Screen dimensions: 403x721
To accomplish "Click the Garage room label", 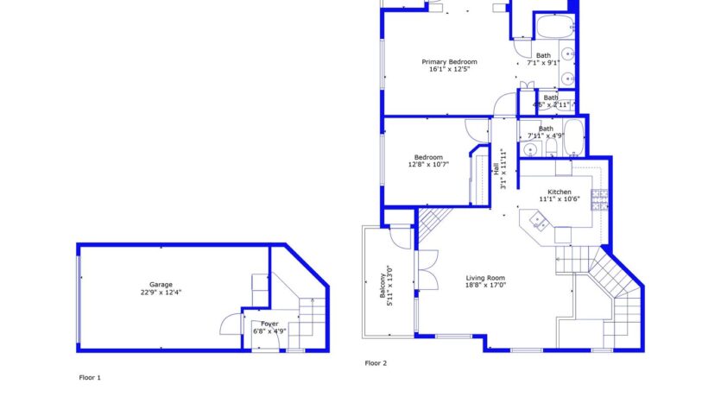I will tap(161, 284).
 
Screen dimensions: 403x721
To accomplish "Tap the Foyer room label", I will tap(269, 324).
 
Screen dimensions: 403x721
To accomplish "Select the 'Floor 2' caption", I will tap(376, 363).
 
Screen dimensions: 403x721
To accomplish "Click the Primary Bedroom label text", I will tap(449, 62).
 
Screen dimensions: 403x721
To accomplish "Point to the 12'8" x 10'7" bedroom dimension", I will tap(428, 164).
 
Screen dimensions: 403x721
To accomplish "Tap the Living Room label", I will tap(485, 277).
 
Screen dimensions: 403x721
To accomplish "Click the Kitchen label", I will tap(559, 192).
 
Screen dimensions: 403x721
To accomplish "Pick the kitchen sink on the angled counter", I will tap(540, 221).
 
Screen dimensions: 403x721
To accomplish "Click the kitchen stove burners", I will tap(598, 200).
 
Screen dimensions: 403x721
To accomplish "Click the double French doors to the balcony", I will tap(425, 268).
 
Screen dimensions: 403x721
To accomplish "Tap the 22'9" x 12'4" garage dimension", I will tap(161, 292).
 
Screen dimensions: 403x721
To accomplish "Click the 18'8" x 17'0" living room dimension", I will tap(485, 285).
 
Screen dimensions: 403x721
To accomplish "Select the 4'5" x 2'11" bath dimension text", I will tap(550, 105).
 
